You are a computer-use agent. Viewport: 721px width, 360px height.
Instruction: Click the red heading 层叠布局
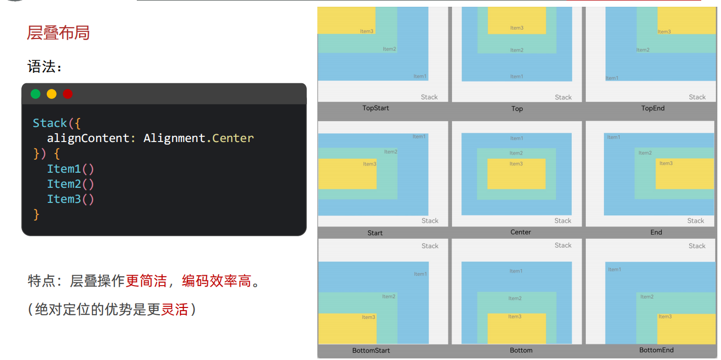[x=58, y=33]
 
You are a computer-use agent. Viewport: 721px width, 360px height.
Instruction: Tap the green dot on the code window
[x=35, y=94]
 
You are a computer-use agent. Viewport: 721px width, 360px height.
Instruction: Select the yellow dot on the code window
[x=51, y=94]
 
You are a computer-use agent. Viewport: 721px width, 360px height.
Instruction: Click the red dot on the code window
[x=68, y=94]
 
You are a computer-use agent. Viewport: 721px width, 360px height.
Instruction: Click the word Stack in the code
[x=50, y=123]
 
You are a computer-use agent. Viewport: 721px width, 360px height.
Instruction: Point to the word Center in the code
[x=233, y=138]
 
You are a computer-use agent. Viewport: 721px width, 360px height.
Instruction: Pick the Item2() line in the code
[x=71, y=184]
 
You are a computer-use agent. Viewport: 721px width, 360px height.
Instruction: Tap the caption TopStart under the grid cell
[x=376, y=108]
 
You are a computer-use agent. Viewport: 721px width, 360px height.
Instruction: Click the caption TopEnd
[x=653, y=108]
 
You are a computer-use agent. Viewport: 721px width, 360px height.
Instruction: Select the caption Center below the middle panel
[x=521, y=232]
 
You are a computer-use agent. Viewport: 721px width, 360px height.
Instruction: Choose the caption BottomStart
[x=371, y=350]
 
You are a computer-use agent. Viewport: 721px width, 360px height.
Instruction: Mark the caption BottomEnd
[x=656, y=350]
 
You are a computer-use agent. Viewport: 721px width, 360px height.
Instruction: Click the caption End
[x=656, y=232]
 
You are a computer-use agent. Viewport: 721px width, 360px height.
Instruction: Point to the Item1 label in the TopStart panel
[x=420, y=76]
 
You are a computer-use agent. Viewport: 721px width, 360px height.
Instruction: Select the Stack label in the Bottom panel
[x=563, y=246]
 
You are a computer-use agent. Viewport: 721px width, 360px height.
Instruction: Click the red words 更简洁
[x=146, y=281]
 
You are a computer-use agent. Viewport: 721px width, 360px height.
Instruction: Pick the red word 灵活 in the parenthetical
[x=174, y=310]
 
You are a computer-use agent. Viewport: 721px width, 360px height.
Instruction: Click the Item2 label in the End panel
[x=645, y=153]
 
